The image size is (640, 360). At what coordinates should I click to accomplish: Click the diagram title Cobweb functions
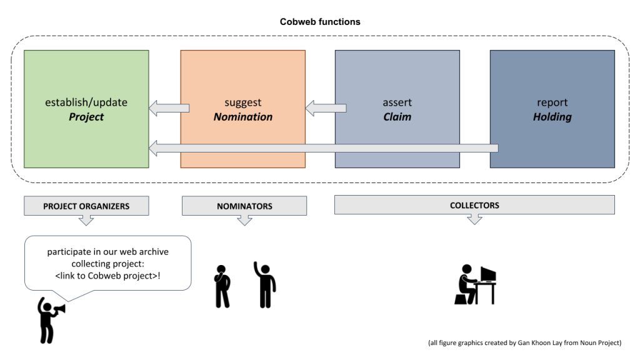(x=319, y=22)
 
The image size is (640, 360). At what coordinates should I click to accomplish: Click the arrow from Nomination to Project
(x=169, y=109)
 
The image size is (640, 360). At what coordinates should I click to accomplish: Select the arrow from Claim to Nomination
(x=325, y=109)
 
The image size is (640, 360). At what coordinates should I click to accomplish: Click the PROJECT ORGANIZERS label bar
(x=86, y=206)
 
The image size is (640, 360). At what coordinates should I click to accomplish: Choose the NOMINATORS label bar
(x=244, y=206)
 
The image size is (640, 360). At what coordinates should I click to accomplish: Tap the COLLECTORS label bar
(x=474, y=205)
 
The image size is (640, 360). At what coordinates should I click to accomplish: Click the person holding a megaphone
(x=48, y=319)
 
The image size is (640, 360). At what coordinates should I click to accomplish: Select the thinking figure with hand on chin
(x=222, y=286)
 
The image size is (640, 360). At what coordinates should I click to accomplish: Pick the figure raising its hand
(x=266, y=285)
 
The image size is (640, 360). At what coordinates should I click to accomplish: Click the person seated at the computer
(x=465, y=285)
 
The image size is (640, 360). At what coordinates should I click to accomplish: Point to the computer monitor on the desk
(x=487, y=274)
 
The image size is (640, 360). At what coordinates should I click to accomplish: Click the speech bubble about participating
(x=107, y=262)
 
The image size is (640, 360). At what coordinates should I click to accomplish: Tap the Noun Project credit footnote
(x=524, y=343)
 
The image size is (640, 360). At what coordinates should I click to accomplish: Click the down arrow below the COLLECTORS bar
(x=474, y=219)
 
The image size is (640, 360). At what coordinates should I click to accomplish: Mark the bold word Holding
(x=552, y=117)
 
